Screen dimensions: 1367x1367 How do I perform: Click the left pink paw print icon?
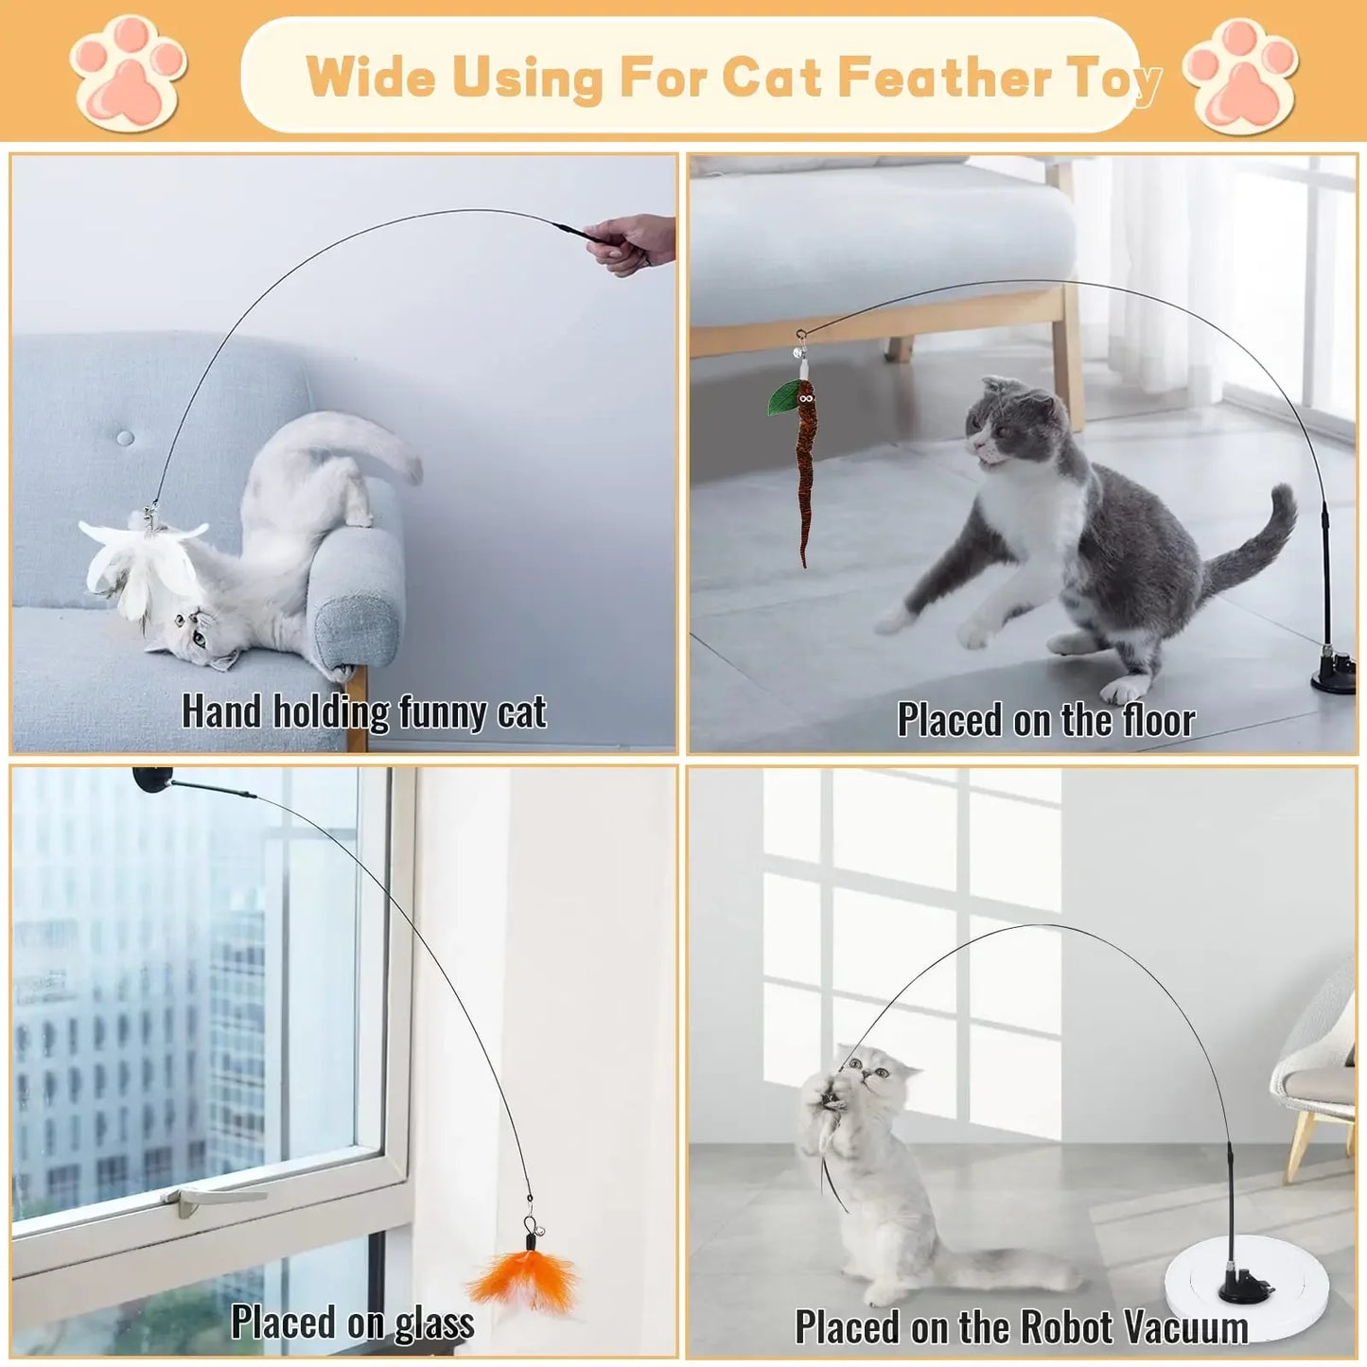pos(128,74)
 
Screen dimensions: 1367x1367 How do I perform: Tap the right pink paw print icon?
pos(1239,76)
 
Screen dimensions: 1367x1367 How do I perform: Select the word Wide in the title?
pos(371,78)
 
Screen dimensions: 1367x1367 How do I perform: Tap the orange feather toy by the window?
pos(525,1279)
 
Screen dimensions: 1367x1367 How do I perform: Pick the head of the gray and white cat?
pos(1017,424)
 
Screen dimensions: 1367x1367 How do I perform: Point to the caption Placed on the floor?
pos(1045,720)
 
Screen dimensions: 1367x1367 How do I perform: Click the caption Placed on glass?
pos(352,1323)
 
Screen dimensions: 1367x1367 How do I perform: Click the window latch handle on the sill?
pos(212,1196)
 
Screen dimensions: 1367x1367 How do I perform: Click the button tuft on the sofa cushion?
pos(125,438)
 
